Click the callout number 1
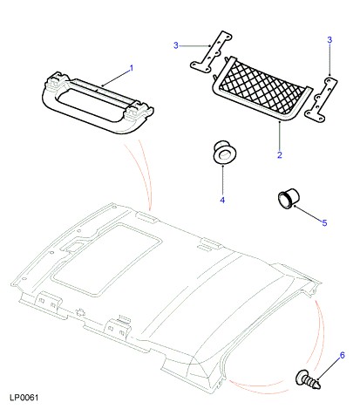132,68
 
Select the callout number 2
280,155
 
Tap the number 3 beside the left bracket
176,45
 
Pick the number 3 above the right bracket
329,40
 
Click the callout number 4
222,200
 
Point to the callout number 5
324,223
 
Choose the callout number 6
342,355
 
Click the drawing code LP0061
24,398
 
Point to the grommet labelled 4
224,152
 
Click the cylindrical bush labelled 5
288,199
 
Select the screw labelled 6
308,379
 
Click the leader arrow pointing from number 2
280,135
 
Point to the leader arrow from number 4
222,180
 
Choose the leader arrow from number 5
308,213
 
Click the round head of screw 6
301,378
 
